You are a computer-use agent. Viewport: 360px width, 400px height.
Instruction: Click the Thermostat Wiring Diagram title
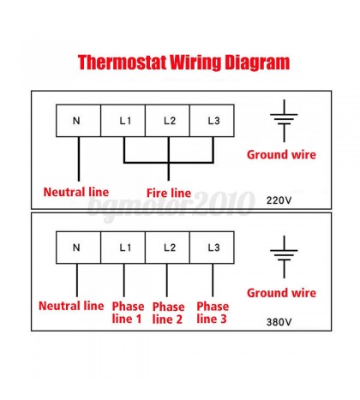pos(183,63)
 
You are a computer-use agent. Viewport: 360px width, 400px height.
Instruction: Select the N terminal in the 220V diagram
pos(78,121)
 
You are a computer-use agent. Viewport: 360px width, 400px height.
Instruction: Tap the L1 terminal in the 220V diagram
pos(123,121)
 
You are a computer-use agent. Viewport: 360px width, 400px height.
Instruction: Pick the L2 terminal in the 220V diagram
pos(168,121)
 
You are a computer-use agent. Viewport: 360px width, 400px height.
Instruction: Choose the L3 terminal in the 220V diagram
pos(213,121)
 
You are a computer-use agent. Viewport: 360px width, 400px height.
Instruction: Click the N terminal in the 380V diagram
pos(78,248)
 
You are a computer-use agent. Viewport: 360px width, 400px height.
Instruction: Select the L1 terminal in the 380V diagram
pos(123,248)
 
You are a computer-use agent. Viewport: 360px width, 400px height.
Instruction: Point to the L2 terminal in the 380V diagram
pos(168,248)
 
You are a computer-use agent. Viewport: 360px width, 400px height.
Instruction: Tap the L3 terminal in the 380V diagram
pos(213,248)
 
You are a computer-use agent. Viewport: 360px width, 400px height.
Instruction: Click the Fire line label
pos(169,193)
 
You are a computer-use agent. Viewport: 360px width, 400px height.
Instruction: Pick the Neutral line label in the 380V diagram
pos(71,306)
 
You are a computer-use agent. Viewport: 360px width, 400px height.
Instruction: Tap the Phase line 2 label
pos(168,313)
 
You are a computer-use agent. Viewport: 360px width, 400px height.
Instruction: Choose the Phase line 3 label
pos(213,313)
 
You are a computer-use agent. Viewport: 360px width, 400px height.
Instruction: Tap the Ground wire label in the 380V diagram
pos(281,293)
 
